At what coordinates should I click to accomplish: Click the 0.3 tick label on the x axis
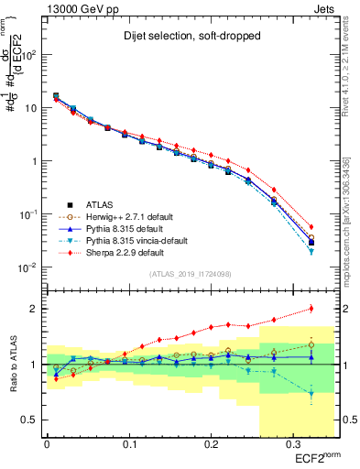[x=292, y=445]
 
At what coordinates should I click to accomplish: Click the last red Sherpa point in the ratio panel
[x=311, y=309]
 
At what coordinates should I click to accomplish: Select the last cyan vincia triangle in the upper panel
[x=311, y=250]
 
